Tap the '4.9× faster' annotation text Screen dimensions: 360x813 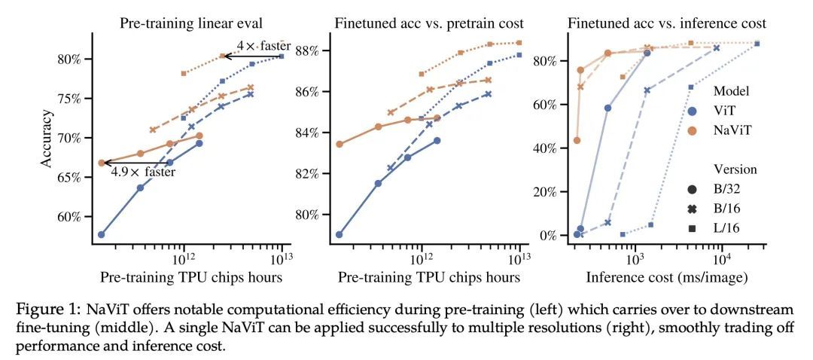point(143,172)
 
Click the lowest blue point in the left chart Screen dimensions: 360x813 point(101,234)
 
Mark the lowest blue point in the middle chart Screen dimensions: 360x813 point(340,234)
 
